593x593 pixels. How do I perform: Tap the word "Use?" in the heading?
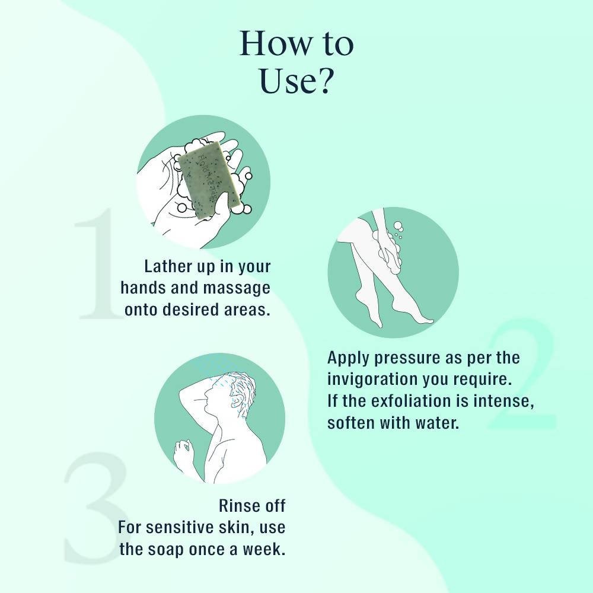pos(296,81)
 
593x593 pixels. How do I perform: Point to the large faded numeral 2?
pos(522,374)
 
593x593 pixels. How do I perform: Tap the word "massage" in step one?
pos(237,289)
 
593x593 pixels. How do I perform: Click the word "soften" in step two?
pos(351,423)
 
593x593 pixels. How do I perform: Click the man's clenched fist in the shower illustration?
pos(183,450)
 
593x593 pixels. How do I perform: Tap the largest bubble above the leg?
pos(398,226)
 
